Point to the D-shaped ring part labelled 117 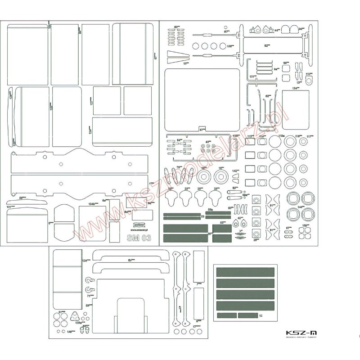[309, 81]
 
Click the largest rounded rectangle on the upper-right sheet [202, 99]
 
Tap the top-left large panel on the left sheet [28, 54]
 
